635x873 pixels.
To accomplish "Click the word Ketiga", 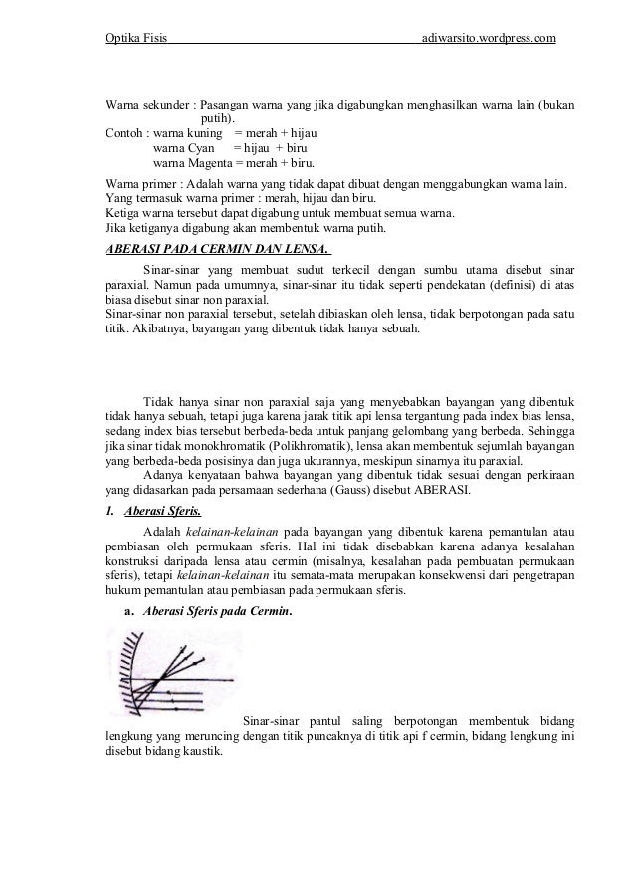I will coord(124,214).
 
